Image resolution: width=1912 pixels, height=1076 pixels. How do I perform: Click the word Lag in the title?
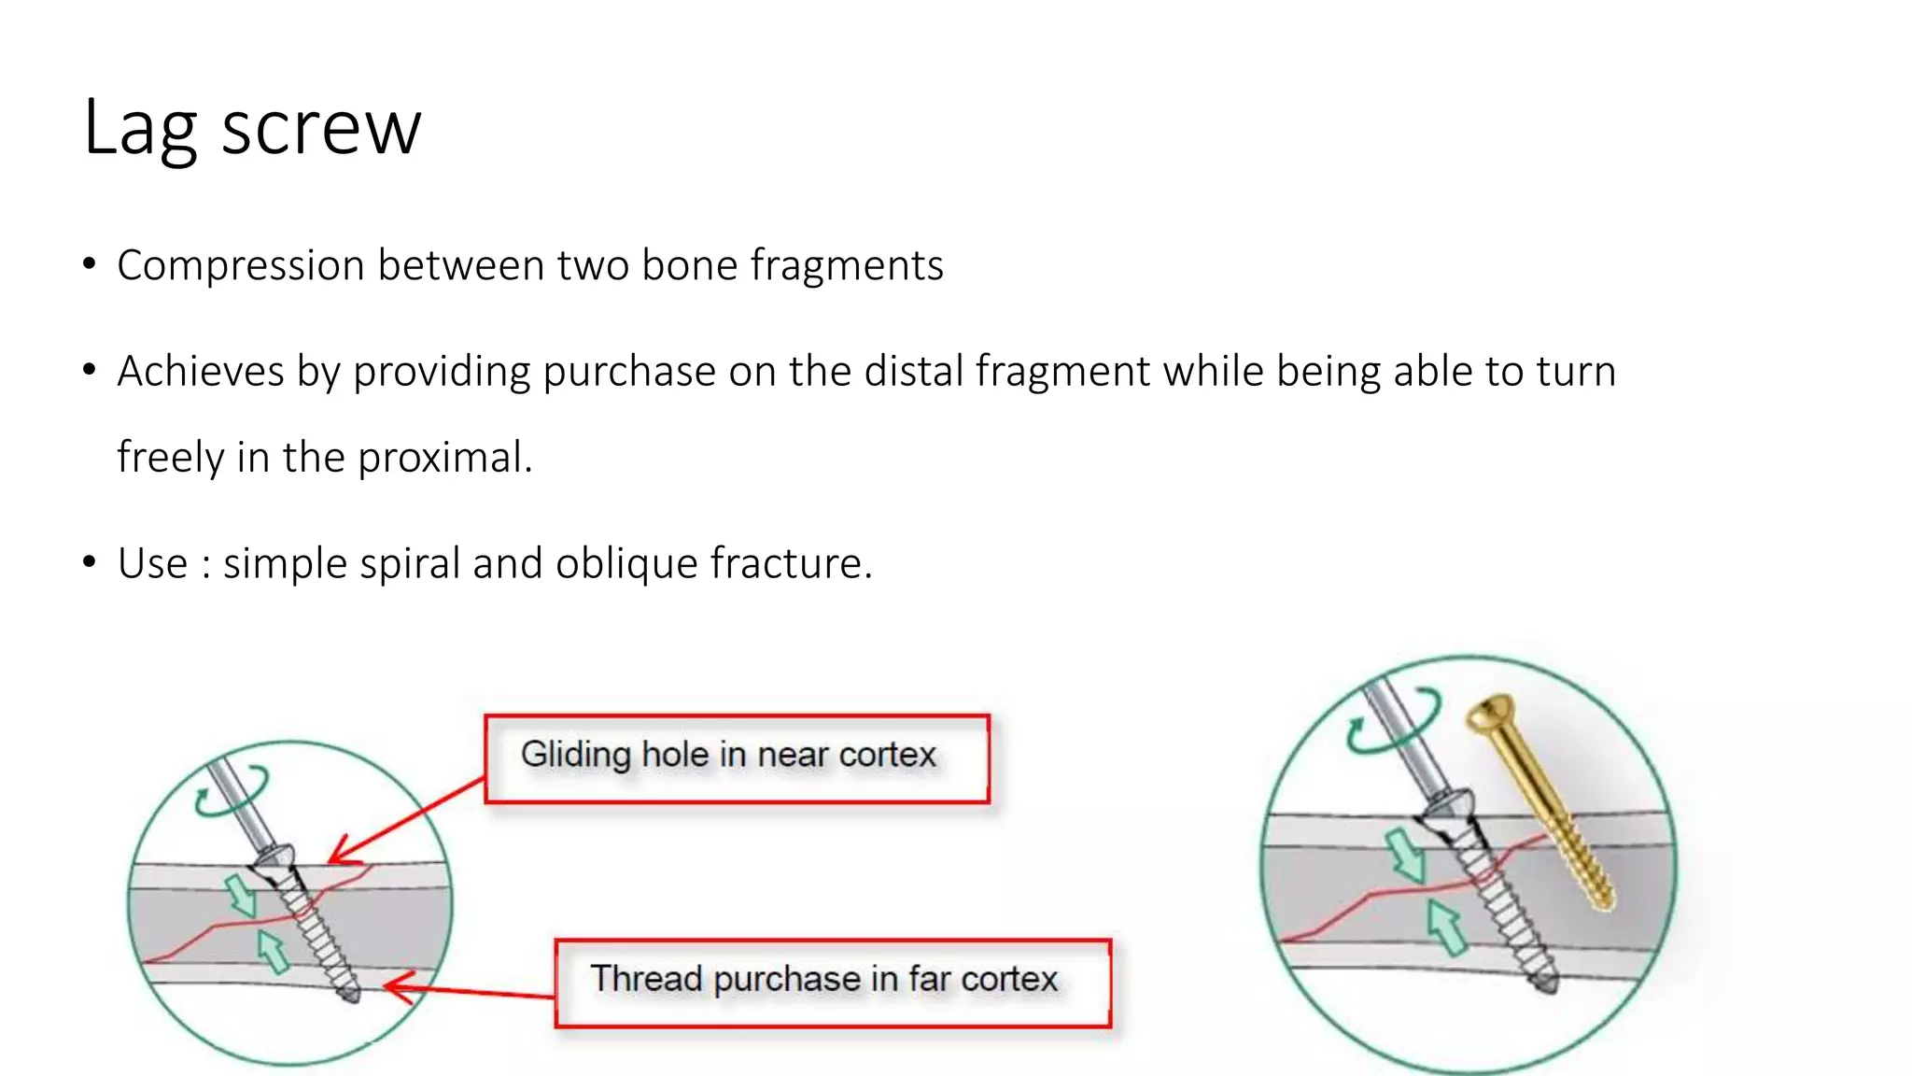point(140,129)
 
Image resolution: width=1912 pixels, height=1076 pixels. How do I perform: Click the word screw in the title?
point(321,129)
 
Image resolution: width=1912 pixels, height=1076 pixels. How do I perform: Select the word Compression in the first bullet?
point(240,266)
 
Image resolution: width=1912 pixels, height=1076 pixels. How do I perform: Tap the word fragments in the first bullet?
point(847,266)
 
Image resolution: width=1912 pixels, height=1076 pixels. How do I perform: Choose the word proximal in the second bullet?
point(443,458)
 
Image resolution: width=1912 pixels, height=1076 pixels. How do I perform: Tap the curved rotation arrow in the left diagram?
point(231,792)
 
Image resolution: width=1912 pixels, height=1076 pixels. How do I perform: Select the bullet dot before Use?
point(90,562)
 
